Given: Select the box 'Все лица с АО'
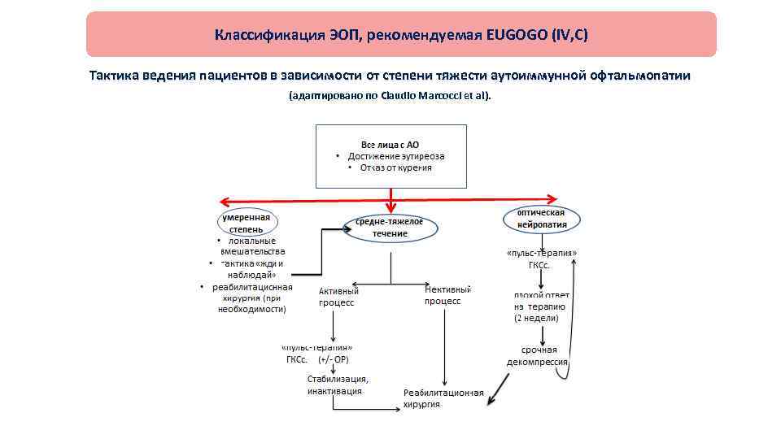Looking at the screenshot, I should tap(391, 156).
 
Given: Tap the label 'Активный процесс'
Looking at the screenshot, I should tap(338, 296).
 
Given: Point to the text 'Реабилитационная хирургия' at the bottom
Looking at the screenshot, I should tap(443, 398).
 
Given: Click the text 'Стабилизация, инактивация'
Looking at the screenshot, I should tap(337, 385).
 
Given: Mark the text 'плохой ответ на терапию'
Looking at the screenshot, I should tap(541, 300).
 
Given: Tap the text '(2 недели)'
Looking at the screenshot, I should tap(534, 318).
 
